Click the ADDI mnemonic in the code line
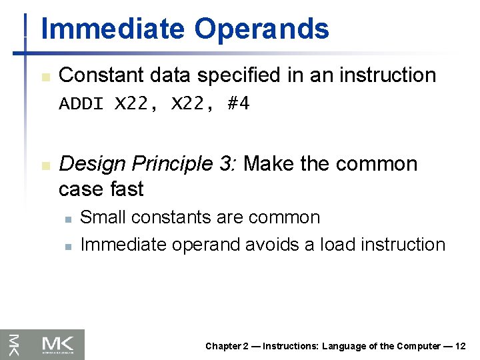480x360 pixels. click(x=81, y=104)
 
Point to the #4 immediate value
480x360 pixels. click(x=238, y=104)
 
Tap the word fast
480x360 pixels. click(x=126, y=189)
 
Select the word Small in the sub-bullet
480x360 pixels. click(x=101, y=218)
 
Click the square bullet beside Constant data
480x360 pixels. click(x=45, y=77)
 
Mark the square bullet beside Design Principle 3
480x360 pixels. click(x=45, y=165)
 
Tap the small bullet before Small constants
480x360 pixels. click(x=67, y=219)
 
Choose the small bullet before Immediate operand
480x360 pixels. click(x=67, y=246)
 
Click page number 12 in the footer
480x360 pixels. click(x=460, y=346)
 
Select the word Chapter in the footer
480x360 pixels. click(x=223, y=346)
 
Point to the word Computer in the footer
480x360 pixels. click(x=417, y=346)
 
